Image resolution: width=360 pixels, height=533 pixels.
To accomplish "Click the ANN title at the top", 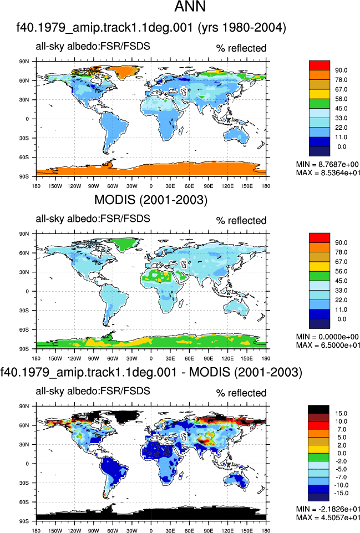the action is (190, 7).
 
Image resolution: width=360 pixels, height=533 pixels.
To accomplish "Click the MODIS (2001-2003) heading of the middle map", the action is (150, 200).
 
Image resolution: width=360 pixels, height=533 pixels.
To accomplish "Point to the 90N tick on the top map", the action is (24, 62).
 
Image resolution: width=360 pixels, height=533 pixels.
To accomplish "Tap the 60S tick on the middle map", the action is (24, 329).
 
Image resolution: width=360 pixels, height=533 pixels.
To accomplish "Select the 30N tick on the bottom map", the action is (24, 445).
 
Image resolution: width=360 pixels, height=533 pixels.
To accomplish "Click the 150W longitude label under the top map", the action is (55, 186).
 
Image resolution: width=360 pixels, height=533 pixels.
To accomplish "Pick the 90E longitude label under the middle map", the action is (209, 359).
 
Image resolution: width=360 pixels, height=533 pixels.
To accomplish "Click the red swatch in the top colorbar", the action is (320, 65).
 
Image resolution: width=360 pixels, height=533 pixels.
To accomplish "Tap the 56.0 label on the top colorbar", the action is (341, 99).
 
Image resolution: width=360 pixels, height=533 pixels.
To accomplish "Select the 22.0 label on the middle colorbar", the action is (341, 300).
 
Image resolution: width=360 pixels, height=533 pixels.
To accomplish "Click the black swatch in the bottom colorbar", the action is (318, 409).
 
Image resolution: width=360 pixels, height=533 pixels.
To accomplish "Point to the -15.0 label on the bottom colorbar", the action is (342, 493).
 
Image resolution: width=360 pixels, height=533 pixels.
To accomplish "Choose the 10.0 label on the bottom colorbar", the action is (341, 422).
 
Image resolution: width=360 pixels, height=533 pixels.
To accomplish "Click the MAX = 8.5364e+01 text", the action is (328, 173).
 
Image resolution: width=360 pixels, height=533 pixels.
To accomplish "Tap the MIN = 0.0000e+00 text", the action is (327, 337).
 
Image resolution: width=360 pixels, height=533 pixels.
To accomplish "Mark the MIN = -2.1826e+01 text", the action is (328, 509).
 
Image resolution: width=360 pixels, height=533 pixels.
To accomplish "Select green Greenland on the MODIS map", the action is (128, 243).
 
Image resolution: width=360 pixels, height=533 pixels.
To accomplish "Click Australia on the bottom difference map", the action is (237, 480).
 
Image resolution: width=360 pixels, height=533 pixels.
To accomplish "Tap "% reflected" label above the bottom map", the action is (241, 393).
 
